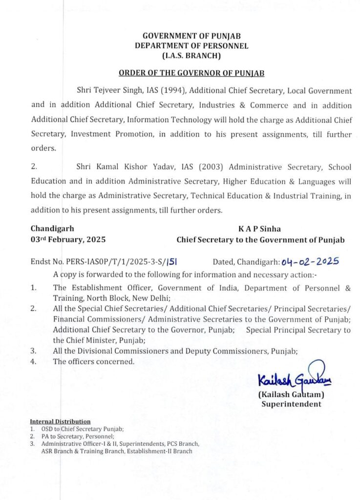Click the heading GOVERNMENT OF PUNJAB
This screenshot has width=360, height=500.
[191, 36]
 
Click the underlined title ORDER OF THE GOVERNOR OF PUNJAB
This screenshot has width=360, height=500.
[191, 73]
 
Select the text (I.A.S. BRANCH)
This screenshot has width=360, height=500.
[191, 56]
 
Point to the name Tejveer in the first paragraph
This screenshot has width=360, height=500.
[110, 91]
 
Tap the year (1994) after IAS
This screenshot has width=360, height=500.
[166, 91]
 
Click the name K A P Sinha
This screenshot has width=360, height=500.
[260, 228]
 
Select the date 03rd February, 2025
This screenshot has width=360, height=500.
[68, 240]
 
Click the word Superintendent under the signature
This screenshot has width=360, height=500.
[291, 404]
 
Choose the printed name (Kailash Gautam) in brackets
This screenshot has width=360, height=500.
[291, 395]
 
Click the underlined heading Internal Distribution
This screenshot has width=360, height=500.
[60, 421]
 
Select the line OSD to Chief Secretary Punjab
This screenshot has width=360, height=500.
[83, 429]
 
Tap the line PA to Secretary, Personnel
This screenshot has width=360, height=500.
[78, 436]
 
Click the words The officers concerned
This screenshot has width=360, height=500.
[93, 361]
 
